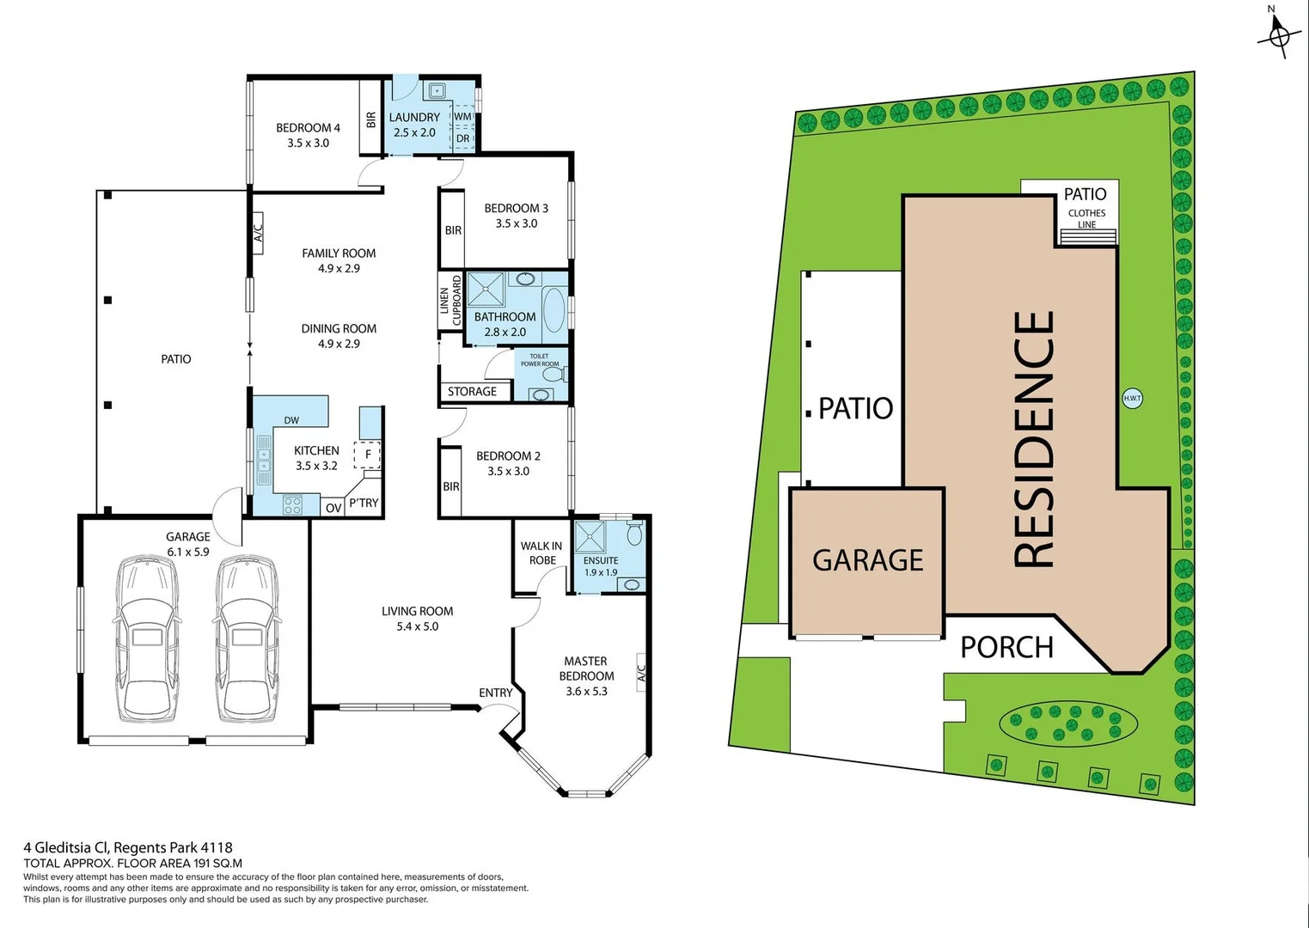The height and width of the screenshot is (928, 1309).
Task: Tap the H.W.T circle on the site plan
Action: click(1132, 398)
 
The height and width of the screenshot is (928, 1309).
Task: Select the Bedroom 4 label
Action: click(308, 135)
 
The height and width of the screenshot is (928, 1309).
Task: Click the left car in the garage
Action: click(148, 639)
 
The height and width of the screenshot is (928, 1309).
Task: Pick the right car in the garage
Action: click(246, 639)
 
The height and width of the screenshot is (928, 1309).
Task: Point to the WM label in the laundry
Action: click(462, 117)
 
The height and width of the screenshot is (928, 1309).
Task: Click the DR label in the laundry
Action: click(462, 138)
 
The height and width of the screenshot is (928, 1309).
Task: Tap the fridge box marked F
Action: click(368, 455)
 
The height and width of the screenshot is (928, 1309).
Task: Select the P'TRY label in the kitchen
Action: click(364, 503)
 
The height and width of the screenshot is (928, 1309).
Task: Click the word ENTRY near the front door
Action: click(495, 693)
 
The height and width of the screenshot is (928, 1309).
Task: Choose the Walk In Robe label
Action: click(541, 553)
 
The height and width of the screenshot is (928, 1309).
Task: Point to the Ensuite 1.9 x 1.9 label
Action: click(601, 565)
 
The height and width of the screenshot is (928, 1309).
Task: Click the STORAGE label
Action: click(472, 391)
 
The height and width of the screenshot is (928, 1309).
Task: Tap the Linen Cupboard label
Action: click(450, 300)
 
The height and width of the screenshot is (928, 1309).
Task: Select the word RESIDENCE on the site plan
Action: click(1034, 438)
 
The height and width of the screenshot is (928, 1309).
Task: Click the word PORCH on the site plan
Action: click(1006, 647)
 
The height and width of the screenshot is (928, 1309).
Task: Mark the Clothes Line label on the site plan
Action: click(1086, 218)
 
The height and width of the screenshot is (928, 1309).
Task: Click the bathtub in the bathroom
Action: click(553, 310)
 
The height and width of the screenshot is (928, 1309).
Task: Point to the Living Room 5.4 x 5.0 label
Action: click(417, 619)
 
